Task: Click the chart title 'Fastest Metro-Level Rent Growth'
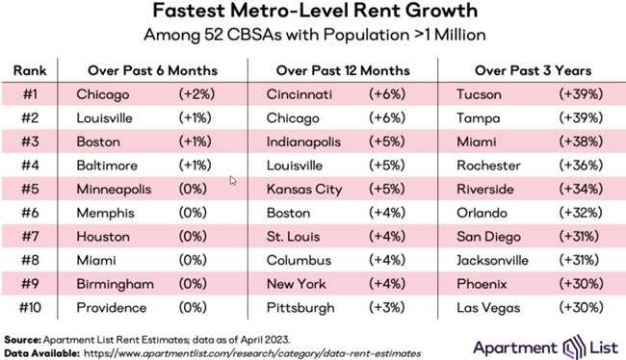(x=313, y=13)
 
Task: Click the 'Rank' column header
(x=31, y=70)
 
